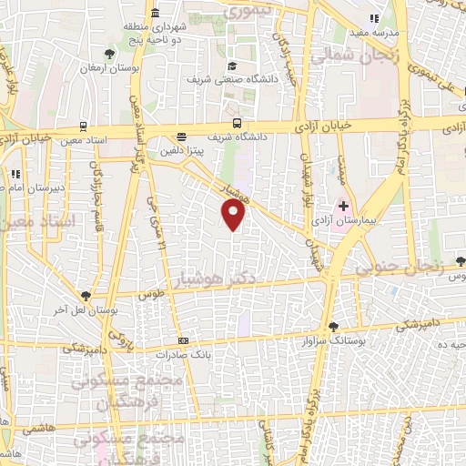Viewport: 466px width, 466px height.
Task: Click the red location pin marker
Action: click(x=234, y=214)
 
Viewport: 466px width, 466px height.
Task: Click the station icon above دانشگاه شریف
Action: click(x=237, y=123)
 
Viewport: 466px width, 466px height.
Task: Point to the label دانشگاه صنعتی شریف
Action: click(x=218, y=80)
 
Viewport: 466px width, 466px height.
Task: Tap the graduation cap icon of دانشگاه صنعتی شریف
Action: click(x=232, y=66)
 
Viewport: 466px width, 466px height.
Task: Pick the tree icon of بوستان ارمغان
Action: click(x=110, y=54)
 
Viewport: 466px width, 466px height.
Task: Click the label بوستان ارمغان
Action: click(x=100, y=68)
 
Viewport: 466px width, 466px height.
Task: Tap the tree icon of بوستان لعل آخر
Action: click(x=85, y=296)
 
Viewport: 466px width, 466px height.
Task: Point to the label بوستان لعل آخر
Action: click(x=82, y=311)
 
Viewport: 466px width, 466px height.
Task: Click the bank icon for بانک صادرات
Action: click(x=184, y=340)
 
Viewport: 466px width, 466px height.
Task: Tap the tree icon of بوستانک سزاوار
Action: click(x=333, y=326)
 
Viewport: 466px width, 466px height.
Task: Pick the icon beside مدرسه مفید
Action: click(x=373, y=18)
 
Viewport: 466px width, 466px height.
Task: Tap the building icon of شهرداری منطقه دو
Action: click(x=156, y=13)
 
